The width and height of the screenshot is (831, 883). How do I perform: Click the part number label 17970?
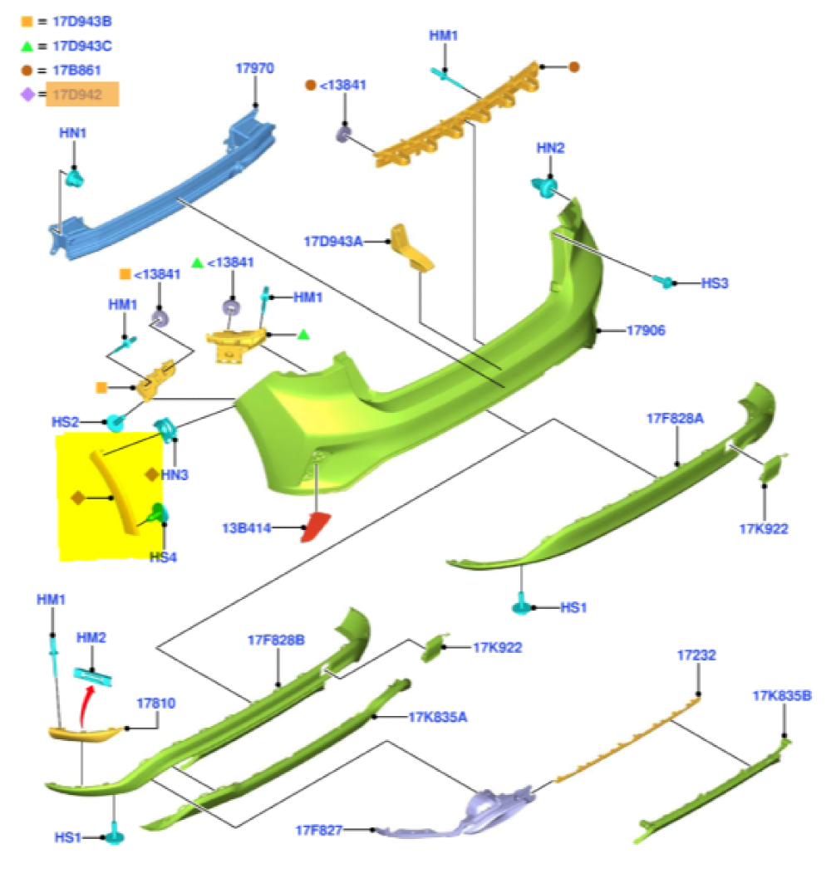255,69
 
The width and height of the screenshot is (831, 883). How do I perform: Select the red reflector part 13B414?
317,527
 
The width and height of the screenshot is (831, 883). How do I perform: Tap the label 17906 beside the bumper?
646,331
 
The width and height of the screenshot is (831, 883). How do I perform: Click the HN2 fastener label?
550,148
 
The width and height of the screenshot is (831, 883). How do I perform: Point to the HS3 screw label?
715,283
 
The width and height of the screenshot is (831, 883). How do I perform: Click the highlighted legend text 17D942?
82,95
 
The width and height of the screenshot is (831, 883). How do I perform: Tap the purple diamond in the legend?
27,95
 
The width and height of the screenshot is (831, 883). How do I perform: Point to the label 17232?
696,655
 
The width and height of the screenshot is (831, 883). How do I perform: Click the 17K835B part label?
782,695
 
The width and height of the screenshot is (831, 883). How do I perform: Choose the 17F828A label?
675,419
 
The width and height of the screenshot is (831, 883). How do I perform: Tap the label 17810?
155,703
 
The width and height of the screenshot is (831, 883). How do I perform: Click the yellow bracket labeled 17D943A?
412,248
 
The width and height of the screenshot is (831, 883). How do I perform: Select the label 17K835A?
438,716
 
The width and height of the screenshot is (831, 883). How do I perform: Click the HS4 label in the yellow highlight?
163,557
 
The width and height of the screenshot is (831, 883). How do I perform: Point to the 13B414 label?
247,527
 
